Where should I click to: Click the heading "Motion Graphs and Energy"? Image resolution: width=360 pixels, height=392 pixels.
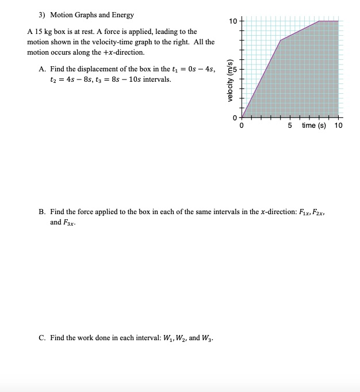pos(92,14)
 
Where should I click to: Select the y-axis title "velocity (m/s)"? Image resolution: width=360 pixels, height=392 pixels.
pos(231,81)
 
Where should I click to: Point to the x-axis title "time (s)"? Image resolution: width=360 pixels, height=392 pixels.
pos(313,125)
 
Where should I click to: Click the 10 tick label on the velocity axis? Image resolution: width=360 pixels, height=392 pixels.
pos(232,21)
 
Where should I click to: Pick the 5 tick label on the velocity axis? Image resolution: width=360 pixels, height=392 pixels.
pos(234,69)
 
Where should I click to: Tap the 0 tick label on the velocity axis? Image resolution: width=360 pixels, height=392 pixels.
pos(234,117)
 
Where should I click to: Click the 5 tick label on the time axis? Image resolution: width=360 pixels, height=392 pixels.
pos(290,125)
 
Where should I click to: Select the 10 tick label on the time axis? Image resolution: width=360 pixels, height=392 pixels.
pos(338,125)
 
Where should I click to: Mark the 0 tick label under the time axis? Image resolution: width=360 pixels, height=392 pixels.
pos(242,125)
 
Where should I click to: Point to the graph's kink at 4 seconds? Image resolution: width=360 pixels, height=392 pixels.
pos(280,40)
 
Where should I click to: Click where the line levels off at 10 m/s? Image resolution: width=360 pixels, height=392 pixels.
pos(319,21)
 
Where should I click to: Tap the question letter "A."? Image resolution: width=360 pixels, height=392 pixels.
pos(43,69)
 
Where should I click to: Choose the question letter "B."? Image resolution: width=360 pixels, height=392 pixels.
pos(43,212)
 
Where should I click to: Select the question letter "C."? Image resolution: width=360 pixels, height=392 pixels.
pos(43,337)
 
